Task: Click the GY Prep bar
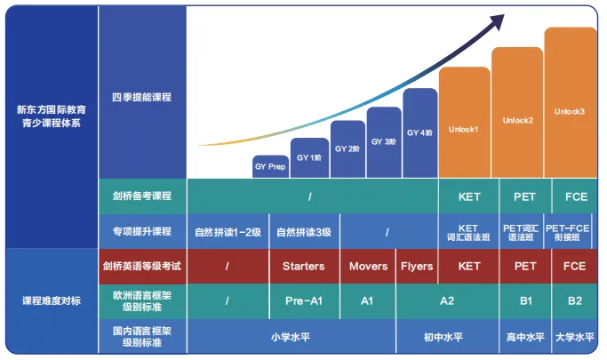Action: coord(270,166)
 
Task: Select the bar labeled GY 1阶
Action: coord(309,157)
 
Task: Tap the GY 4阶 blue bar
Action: coord(420,133)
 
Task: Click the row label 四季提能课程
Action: coord(142,97)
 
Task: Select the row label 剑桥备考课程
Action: coord(142,196)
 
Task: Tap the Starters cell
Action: coord(304,266)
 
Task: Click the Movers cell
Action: coord(368,266)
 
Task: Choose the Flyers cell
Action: coord(417,266)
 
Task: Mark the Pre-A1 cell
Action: coord(304,301)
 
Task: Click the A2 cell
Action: coord(447,301)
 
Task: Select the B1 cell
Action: coord(524,301)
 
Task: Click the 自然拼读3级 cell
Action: coord(304,232)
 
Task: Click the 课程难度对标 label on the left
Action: coord(52,301)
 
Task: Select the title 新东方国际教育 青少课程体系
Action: coord(52,116)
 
